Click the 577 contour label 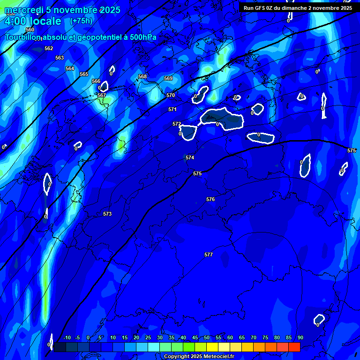209,255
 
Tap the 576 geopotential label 210,199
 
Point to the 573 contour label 107,214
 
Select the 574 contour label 190,157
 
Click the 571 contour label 172,109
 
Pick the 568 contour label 142,76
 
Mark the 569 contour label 168,78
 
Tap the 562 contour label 49,48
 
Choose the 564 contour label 70,68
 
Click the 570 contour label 171,95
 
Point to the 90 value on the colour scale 300,338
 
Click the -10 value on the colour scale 67,338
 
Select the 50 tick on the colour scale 207,338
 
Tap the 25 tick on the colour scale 148,338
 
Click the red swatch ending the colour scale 294,347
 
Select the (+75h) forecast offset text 81,21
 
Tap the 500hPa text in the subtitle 143,37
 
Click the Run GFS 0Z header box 298,7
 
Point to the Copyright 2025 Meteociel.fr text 199,356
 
